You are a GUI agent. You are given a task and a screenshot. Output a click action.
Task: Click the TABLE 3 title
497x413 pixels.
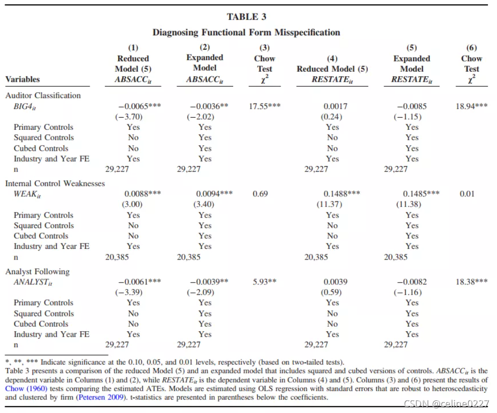click(246, 17)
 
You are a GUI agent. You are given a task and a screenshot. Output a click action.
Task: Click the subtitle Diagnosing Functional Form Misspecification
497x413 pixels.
click(246, 32)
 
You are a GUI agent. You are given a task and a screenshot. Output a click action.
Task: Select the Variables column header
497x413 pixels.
click(22, 79)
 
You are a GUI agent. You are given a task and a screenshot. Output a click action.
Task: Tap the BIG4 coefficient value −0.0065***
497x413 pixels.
click(139, 107)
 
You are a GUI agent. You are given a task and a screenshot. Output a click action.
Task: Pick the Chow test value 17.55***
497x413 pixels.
click(265, 107)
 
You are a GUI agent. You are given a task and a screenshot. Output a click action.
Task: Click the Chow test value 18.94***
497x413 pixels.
click(471, 107)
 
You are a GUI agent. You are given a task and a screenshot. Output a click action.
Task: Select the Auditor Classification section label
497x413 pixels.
click(43, 95)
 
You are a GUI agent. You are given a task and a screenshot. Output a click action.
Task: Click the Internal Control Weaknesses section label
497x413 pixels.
click(55, 183)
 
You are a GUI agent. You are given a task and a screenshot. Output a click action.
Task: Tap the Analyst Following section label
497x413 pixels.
click(37, 272)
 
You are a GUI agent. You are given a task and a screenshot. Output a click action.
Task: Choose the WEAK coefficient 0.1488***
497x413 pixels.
click(342, 194)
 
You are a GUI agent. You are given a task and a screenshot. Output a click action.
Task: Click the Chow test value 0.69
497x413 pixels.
click(260, 194)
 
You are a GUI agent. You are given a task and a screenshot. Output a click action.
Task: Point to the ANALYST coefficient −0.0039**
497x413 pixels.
click(209, 282)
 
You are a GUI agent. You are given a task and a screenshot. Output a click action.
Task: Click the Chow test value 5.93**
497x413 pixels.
click(264, 282)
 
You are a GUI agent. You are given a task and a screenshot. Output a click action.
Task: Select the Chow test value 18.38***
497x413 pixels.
click(471, 282)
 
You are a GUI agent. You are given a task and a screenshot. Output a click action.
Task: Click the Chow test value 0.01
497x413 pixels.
click(467, 194)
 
